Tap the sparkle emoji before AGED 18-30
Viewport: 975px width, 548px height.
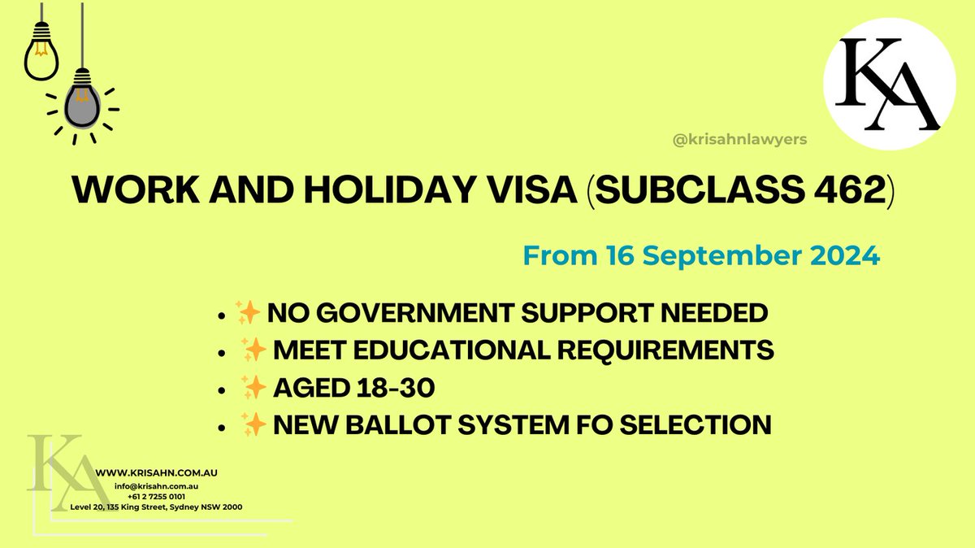tap(253, 389)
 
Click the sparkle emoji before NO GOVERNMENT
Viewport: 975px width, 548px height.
tap(247, 312)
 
